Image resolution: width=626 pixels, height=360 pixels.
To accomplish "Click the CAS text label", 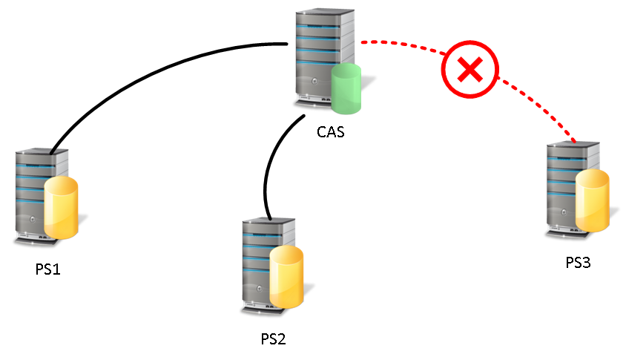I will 331,134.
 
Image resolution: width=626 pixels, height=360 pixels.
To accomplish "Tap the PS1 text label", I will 47,269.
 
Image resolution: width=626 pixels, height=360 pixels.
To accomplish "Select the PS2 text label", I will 273,339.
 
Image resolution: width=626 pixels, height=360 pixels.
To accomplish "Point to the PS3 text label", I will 577,262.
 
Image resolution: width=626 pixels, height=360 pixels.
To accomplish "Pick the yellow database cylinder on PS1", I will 61,209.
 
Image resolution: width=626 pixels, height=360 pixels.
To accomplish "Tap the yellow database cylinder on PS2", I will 286,277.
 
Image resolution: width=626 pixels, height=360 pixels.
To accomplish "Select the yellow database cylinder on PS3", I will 593,200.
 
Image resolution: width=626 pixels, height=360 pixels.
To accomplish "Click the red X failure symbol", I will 469,71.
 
